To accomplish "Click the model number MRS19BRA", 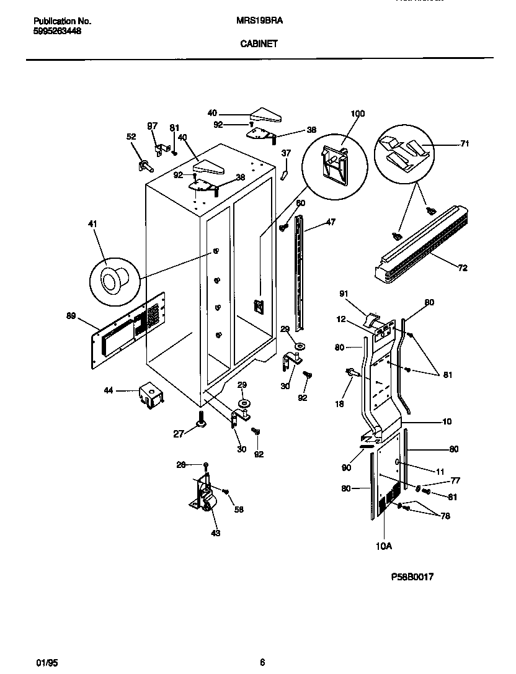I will click(260, 20).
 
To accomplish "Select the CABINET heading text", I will click(259, 44).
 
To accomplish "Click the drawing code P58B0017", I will click(412, 577).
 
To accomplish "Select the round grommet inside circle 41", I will click(113, 279).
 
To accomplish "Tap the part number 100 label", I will click(358, 114).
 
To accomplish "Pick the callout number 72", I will click(463, 268).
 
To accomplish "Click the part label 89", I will click(71, 317).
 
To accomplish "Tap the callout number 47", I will click(331, 222).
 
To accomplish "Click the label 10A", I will click(384, 546).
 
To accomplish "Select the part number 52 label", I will click(131, 137).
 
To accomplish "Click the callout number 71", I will click(465, 144).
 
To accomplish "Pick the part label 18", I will click(339, 403).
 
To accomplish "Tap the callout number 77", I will click(456, 480).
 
